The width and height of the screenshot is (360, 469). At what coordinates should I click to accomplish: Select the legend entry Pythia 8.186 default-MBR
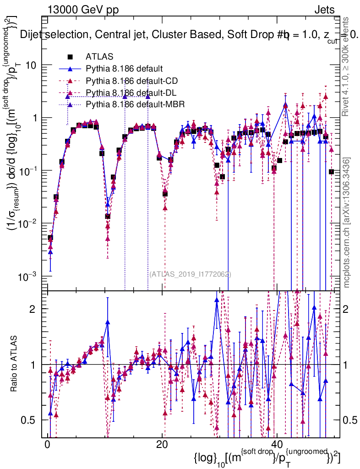(135, 104)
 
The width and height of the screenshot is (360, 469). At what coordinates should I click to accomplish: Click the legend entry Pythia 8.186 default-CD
(132, 81)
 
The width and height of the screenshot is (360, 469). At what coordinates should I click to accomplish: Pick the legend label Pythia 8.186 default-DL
(131, 93)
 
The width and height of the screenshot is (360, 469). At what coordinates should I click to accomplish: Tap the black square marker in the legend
(70, 57)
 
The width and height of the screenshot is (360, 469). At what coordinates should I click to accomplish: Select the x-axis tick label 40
(276, 445)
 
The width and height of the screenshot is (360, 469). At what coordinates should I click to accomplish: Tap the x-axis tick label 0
(47, 445)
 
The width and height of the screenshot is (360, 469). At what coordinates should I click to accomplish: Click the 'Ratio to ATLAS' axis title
(16, 365)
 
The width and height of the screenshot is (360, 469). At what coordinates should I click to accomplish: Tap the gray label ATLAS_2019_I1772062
(190, 274)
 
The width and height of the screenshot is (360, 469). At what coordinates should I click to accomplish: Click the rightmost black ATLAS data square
(331, 172)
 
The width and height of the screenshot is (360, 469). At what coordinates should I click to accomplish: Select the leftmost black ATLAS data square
(50, 238)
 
